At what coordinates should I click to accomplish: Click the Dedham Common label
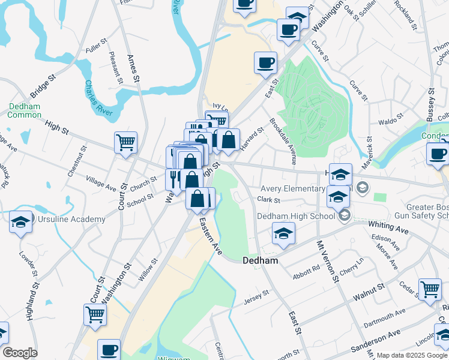click(25, 110)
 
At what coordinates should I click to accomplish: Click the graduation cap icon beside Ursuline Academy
click(20, 223)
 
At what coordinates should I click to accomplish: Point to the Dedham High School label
click(296, 216)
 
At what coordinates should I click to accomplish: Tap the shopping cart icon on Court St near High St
click(125, 143)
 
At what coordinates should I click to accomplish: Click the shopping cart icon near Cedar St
click(430, 290)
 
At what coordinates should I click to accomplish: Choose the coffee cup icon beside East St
click(265, 62)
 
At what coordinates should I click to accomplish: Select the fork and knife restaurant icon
click(175, 178)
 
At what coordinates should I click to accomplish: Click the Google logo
click(20, 353)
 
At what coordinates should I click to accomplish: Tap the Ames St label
click(133, 68)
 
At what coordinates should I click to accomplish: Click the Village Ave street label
click(101, 184)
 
